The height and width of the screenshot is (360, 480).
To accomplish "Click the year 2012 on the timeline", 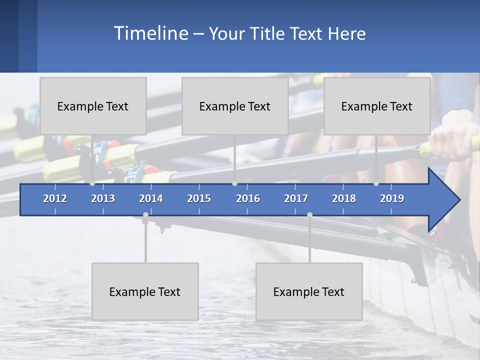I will (x=55, y=198).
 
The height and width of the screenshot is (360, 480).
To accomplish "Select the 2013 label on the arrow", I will (x=103, y=198).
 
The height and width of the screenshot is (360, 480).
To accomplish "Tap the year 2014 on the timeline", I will (x=151, y=198).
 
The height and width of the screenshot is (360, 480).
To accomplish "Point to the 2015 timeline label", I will (x=199, y=198).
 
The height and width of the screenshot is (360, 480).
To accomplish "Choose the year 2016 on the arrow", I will (x=248, y=198).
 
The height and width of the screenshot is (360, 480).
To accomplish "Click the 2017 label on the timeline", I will (x=296, y=198).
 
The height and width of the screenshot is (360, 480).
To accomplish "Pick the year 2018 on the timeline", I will (x=344, y=198).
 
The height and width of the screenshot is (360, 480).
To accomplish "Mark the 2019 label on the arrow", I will (x=392, y=198).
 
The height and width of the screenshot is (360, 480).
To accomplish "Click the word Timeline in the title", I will (x=150, y=33).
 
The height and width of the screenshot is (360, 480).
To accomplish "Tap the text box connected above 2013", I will (x=93, y=106).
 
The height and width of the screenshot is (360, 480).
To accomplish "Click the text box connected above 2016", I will (x=235, y=106).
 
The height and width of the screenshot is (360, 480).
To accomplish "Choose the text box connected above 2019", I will (x=377, y=106).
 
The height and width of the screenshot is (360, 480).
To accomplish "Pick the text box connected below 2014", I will (x=145, y=291).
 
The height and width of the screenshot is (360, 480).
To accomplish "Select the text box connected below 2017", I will (x=309, y=291).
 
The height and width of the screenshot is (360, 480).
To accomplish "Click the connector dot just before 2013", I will (x=92, y=183).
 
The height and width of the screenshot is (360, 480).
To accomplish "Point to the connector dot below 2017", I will (x=309, y=215).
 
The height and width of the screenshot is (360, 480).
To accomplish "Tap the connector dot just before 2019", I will (x=376, y=183).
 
